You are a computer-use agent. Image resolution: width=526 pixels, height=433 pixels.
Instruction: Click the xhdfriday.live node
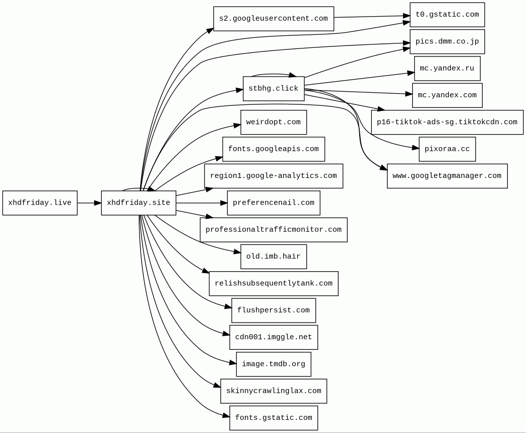[40, 203]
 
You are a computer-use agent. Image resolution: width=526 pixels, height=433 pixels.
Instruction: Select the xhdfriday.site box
[139, 203]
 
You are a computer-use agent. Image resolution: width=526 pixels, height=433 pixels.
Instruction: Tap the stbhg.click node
[274, 89]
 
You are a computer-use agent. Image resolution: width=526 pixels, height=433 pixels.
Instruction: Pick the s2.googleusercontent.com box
[274, 19]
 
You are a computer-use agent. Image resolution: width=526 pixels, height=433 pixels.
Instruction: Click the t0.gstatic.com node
[447, 15]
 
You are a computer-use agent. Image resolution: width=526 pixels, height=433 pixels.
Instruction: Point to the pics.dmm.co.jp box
[447, 42]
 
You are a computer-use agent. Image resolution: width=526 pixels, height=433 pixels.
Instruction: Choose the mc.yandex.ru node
[447, 69]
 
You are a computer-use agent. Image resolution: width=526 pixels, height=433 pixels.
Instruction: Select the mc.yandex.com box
[447, 95]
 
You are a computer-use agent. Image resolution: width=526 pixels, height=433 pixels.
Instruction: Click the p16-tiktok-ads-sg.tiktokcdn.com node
[447, 122]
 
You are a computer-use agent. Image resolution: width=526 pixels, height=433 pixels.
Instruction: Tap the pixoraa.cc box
[447, 149]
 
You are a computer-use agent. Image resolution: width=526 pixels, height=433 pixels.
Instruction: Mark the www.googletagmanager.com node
[447, 176]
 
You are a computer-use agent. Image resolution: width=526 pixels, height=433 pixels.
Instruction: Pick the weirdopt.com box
[274, 122]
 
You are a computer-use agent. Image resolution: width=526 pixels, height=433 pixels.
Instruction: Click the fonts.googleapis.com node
[274, 149]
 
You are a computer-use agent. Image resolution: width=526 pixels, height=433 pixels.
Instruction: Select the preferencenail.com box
[274, 203]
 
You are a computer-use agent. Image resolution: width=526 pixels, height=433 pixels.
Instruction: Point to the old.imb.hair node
[274, 257]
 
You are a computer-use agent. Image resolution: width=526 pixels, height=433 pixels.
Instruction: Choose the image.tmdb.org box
[274, 364]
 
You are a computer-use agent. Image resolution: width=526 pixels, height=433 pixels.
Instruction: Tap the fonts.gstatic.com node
[274, 418]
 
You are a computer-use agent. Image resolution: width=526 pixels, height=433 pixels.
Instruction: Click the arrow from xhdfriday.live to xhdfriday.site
[89, 203]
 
